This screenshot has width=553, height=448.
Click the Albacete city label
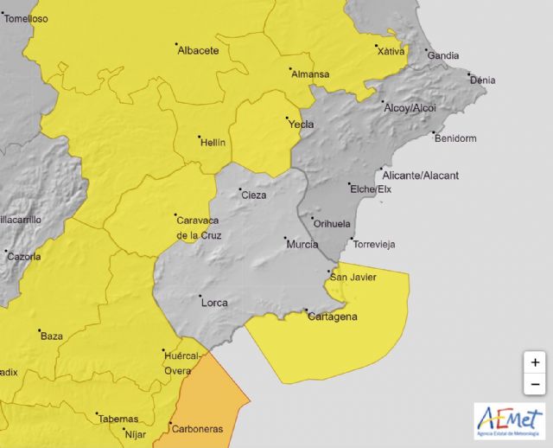pos(198,50)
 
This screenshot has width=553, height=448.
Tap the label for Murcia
pos(302,245)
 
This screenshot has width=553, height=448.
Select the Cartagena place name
pos(333,317)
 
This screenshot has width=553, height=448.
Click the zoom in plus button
pos(535,362)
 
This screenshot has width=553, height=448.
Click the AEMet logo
pos(509,419)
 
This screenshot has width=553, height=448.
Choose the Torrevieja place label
pos(373,245)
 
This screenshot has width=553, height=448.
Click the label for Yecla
pos(301,125)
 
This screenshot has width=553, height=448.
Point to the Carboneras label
pos(196,429)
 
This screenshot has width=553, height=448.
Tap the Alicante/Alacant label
pos(420,176)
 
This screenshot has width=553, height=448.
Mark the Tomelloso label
pos(26,18)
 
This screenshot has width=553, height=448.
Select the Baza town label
pos(52,336)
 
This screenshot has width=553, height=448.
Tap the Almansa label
pos(310,74)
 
